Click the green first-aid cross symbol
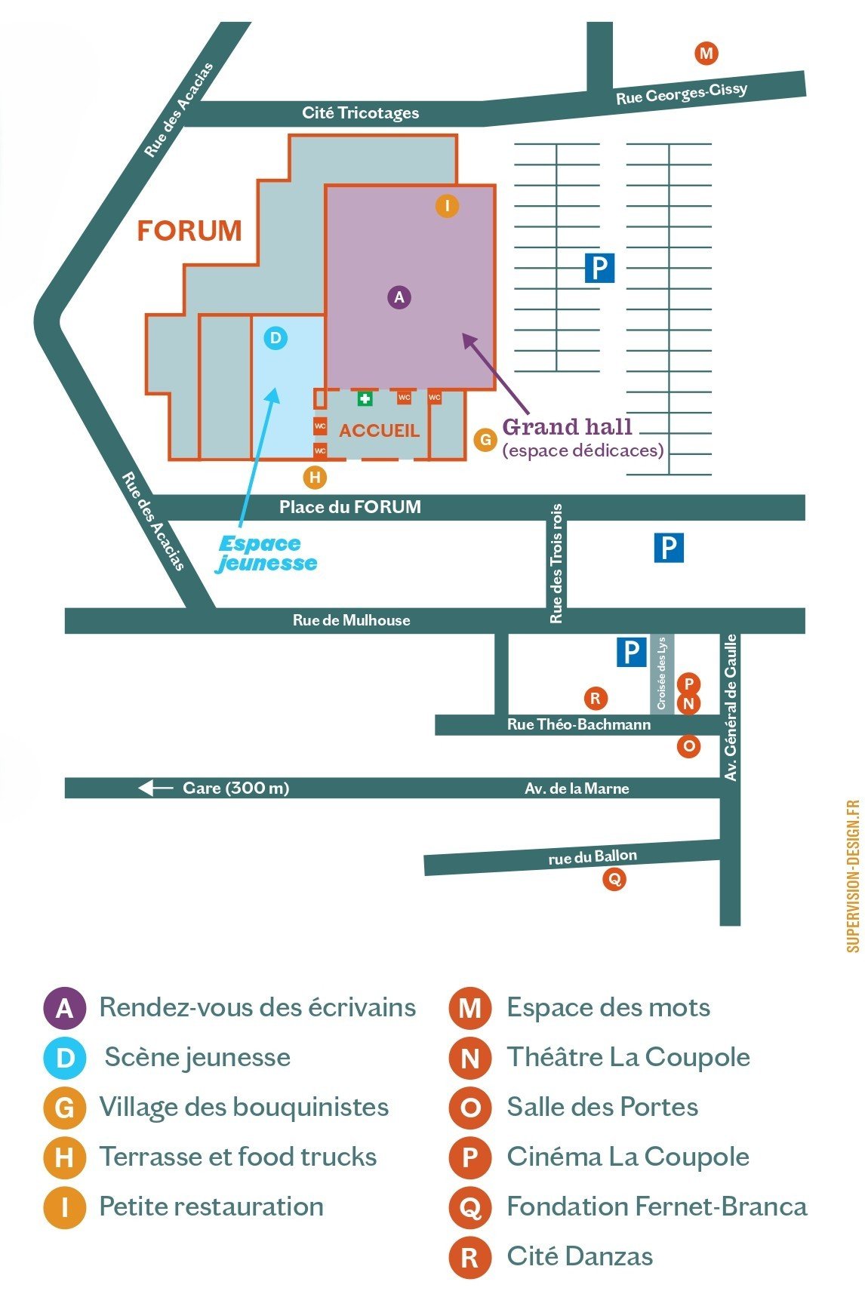click(365, 398)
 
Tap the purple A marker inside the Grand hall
click(399, 297)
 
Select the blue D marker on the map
click(276, 337)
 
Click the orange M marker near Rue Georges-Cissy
click(706, 54)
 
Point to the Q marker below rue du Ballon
click(614, 879)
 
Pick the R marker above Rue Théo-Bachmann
click(596, 698)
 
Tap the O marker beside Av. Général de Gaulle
click(688, 746)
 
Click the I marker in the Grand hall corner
click(448, 205)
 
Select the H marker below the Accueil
click(315, 477)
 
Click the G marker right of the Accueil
click(485, 440)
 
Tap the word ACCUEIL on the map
click(379, 431)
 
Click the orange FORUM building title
click(189, 231)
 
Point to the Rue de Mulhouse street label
click(352, 620)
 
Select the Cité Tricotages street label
click(360, 113)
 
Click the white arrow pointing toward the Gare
click(155, 788)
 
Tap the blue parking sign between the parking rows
click(599, 268)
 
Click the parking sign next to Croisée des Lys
click(631, 651)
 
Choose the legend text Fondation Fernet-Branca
click(657, 1206)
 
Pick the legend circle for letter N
click(469, 1058)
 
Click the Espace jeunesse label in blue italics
click(267, 554)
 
